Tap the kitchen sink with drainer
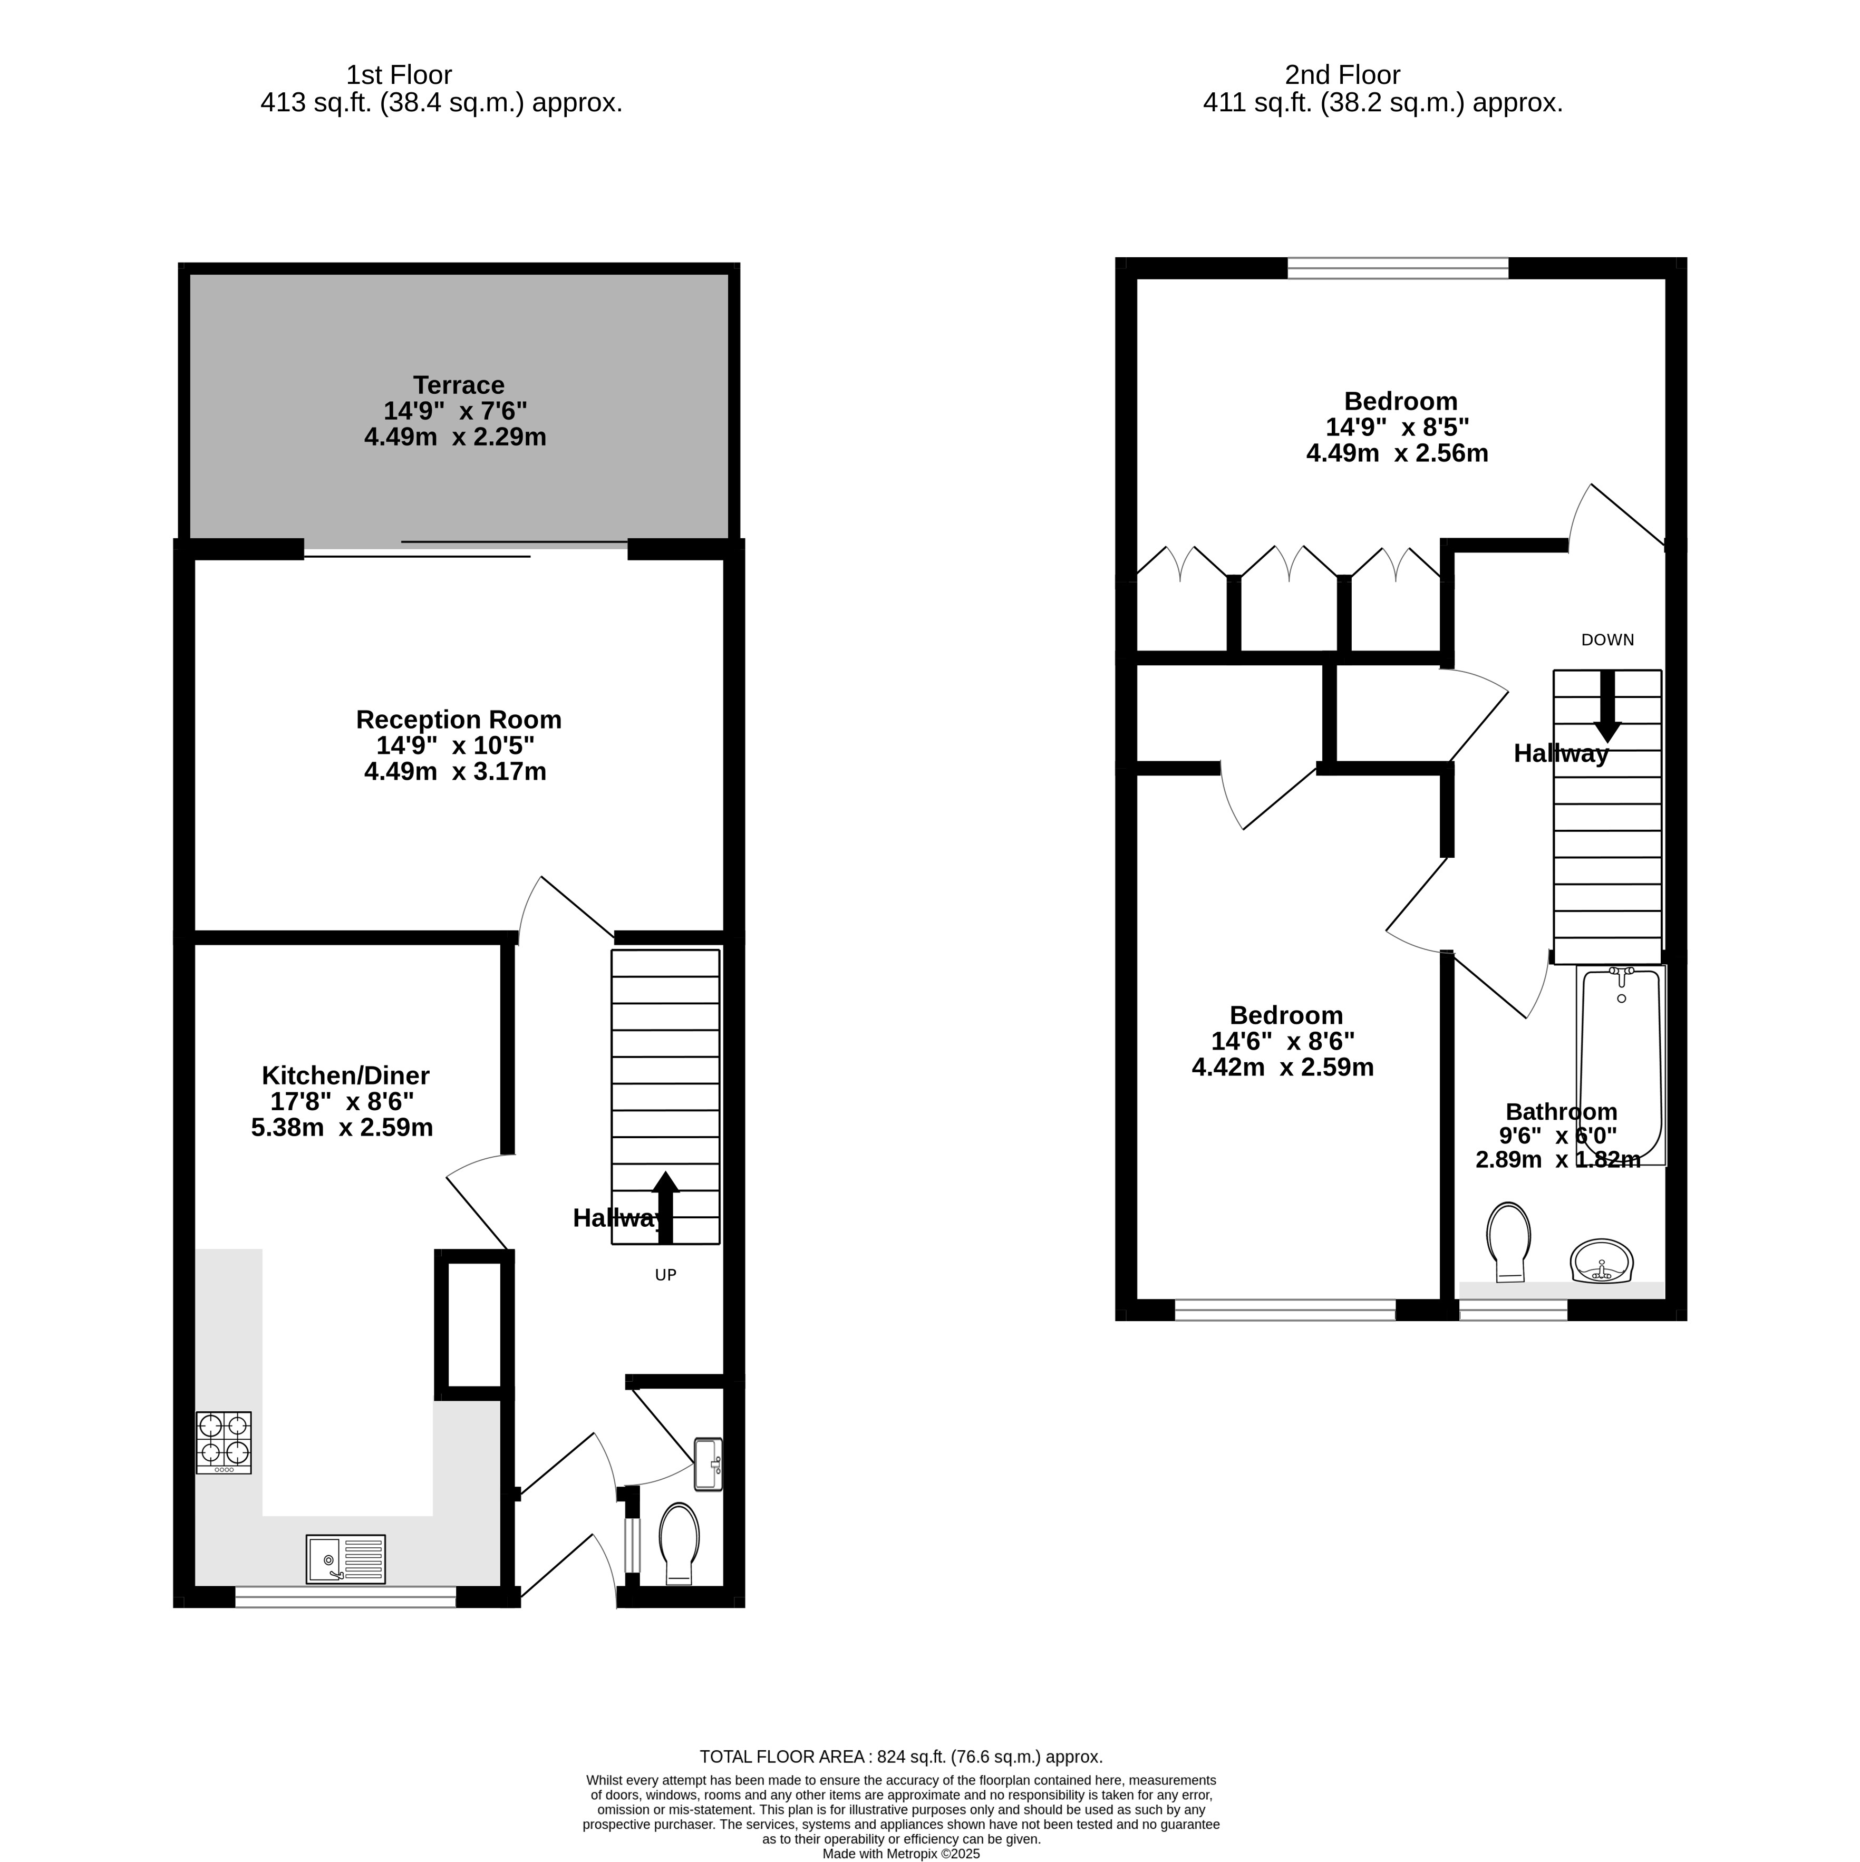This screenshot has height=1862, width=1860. pyautogui.click(x=346, y=1559)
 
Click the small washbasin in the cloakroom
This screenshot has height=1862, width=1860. pyautogui.click(x=708, y=1465)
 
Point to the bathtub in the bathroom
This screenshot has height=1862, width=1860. pyautogui.click(x=1621, y=1066)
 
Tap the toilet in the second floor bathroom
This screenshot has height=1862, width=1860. pyautogui.click(x=1509, y=1242)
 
